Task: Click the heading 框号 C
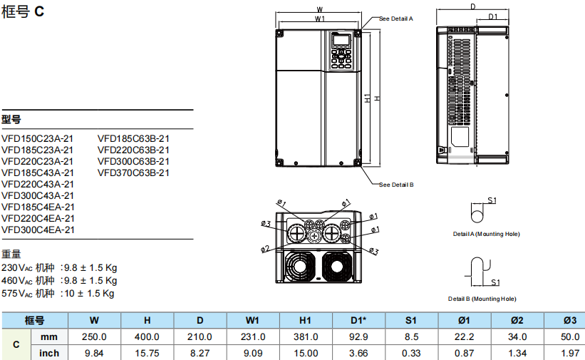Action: tap(23, 14)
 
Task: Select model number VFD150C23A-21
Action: tap(37, 138)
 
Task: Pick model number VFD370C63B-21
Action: tap(133, 173)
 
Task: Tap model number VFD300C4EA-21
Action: tap(37, 230)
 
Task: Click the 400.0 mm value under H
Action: tap(147, 336)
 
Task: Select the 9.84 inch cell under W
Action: tap(94, 353)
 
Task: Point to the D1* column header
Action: tap(358, 320)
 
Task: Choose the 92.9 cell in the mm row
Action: tap(358, 336)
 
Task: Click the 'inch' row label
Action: tap(49, 353)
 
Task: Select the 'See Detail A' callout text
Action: tap(396, 19)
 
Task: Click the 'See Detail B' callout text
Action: tap(396, 184)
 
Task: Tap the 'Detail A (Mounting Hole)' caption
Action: tap(487, 234)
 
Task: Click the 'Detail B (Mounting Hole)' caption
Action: tap(482, 299)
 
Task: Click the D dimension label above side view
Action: tap(472, 6)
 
